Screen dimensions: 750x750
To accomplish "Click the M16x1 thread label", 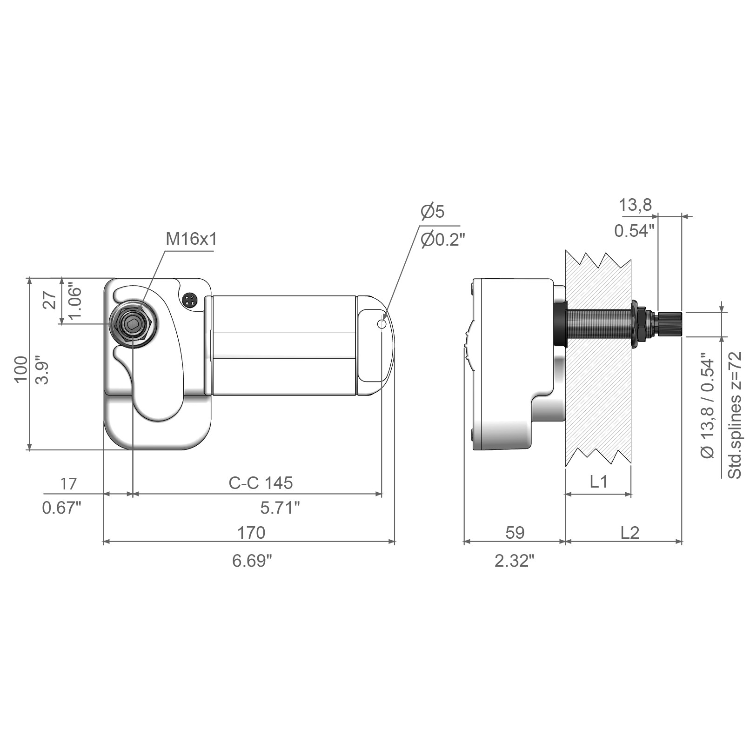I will [x=191, y=239].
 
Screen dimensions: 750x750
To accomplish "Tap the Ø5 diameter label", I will [x=433, y=212].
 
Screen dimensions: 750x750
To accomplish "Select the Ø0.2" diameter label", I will [x=442, y=241].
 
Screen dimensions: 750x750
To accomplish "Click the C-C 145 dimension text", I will [x=261, y=483].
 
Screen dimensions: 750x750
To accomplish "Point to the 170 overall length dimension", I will [x=251, y=532].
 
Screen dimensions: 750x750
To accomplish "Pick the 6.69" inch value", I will [x=252, y=561].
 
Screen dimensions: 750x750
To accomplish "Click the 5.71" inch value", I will [x=280, y=508].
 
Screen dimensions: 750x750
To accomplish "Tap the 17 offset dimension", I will [x=68, y=484].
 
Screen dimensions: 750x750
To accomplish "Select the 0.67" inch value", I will [x=62, y=508].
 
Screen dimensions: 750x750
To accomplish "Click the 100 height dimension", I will [x=21, y=369].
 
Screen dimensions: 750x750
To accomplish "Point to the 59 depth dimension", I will [x=515, y=532].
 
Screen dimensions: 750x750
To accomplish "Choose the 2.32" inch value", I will [x=515, y=561].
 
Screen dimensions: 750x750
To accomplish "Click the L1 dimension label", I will [x=599, y=482].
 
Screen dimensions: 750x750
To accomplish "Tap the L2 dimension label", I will [x=630, y=532].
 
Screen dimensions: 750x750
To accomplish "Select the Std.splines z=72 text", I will [x=734, y=415].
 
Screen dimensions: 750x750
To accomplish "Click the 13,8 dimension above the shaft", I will [x=635, y=205].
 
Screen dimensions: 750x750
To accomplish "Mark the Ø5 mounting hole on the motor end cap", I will [x=382, y=324].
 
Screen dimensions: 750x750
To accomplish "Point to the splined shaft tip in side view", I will [x=670, y=324].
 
